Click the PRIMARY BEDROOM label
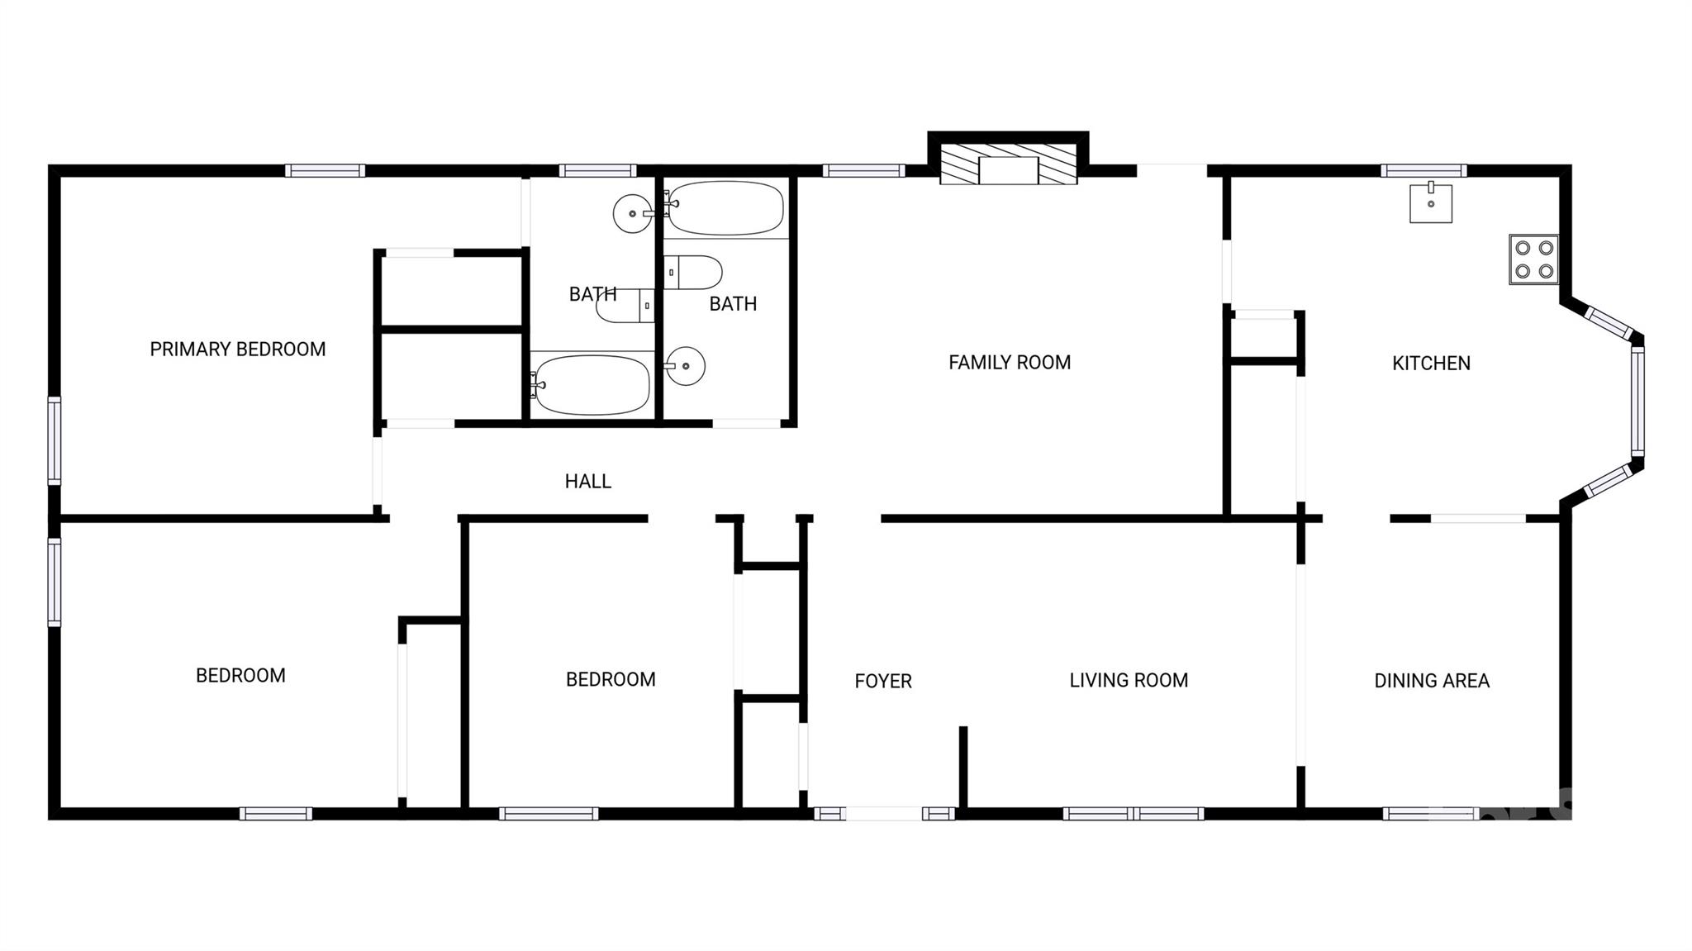coord(238,349)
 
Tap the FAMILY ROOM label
coord(1009,363)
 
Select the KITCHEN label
coord(1431,364)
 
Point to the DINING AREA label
coord(1431,681)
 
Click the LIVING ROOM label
coord(1129,680)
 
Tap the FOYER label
coord(883,682)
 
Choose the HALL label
coord(587,482)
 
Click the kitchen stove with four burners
coord(1533,259)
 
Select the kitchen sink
coord(1430,203)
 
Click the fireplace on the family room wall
coord(1008,166)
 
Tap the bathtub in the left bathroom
coord(592,385)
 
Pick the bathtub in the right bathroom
coord(725,207)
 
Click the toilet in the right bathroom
coord(693,273)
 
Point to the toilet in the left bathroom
coord(625,306)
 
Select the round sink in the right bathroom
coord(685,366)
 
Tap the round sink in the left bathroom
coord(633,214)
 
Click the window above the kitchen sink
coord(1423,171)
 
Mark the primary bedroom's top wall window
coord(325,171)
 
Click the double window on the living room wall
coord(1133,814)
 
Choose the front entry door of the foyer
coord(883,814)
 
